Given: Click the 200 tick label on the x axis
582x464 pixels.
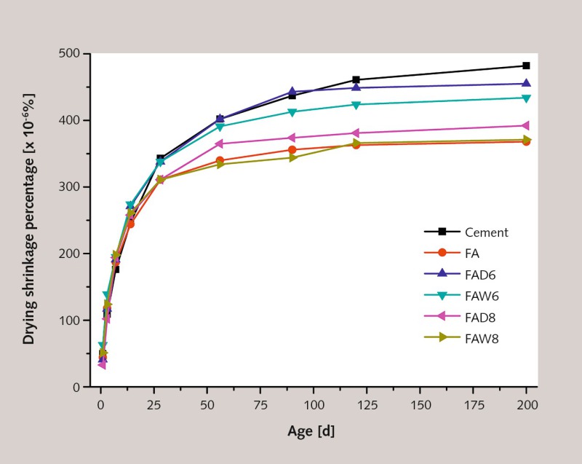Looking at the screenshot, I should (x=527, y=403).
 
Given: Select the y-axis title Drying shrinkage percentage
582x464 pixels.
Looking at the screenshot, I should (x=31, y=220).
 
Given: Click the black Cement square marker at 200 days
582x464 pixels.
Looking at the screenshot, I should (x=527, y=66).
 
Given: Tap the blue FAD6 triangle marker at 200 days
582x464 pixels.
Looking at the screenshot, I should (x=527, y=83).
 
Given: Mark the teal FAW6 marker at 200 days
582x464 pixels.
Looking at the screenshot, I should (x=527, y=98).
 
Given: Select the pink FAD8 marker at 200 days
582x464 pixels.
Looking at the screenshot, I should (x=527, y=126).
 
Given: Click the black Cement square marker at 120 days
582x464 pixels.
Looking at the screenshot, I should (x=356, y=79).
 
